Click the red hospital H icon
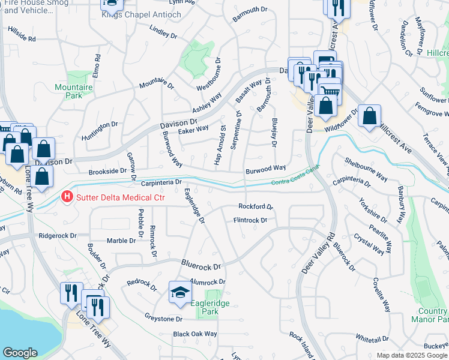67,196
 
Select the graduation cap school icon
179,292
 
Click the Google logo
20,353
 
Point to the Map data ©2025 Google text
412,355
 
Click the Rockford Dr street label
256,206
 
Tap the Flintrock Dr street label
250,220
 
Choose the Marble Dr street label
121,241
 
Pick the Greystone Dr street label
163,318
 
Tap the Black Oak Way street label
194,334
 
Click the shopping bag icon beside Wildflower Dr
370,115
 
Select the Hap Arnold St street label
219,145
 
